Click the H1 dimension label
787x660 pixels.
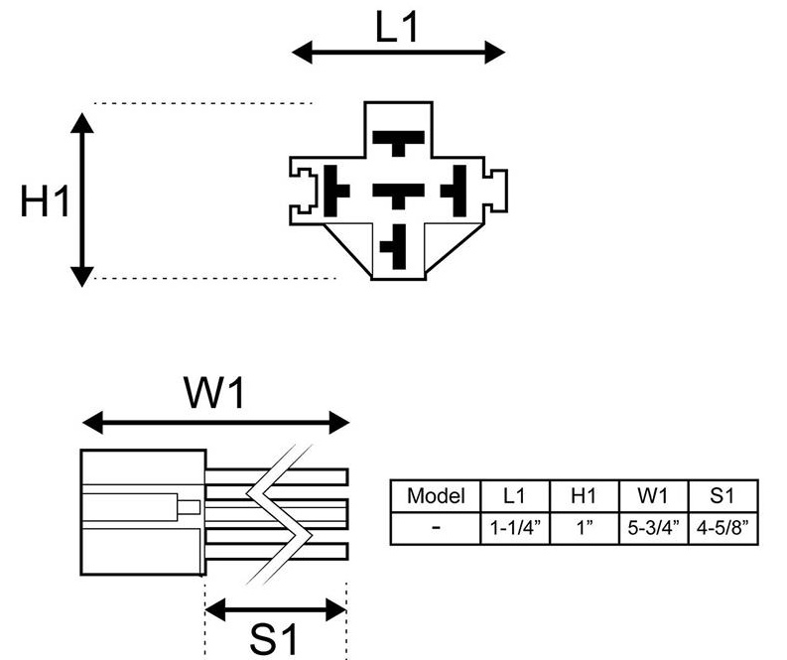pos(45,200)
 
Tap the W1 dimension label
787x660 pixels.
pos(214,392)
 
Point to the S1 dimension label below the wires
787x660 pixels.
pos(274,639)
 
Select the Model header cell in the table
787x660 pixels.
pos(436,496)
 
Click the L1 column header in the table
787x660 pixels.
pos(515,496)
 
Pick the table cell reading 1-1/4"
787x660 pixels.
pos(515,528)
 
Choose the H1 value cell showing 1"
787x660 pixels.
pos(585,528)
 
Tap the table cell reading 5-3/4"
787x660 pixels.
pos(653,528)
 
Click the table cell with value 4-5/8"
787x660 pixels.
pos(722,528)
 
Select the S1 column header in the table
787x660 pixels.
pos(722,496)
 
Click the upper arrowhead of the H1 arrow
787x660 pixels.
pos(81,123)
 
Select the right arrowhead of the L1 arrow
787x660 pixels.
pos(495,53)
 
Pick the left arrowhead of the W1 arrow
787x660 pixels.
pos(92,422)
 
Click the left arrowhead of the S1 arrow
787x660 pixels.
pos(215,609)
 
